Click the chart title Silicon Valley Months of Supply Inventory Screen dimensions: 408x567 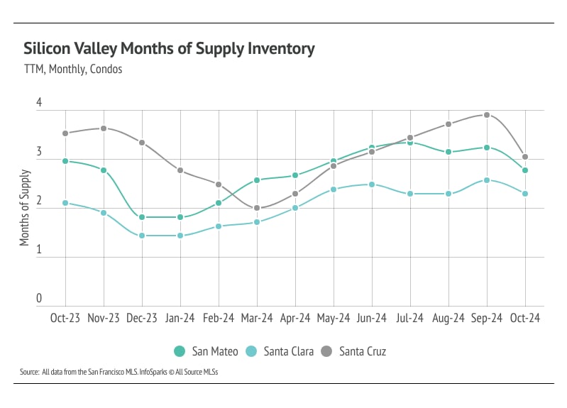(169, 49)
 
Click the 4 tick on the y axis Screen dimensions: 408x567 (40, 104)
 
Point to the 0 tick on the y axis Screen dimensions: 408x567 (40, 299)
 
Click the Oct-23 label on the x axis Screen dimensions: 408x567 (65, 319)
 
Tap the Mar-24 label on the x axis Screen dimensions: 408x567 (257, 319)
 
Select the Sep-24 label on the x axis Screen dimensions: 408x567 (487, 319)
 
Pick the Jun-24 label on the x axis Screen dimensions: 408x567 (372, 319)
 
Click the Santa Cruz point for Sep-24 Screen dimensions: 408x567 (487, 115)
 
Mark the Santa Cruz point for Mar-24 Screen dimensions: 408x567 (257, 209)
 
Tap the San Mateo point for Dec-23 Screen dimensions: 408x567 (142, 217)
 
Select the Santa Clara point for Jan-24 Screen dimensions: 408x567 (180, 236)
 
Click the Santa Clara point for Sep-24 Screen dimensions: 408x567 (487, 180)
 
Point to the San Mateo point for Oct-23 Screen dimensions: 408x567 (65, 161)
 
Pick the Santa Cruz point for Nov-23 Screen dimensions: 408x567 (104, 128)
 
